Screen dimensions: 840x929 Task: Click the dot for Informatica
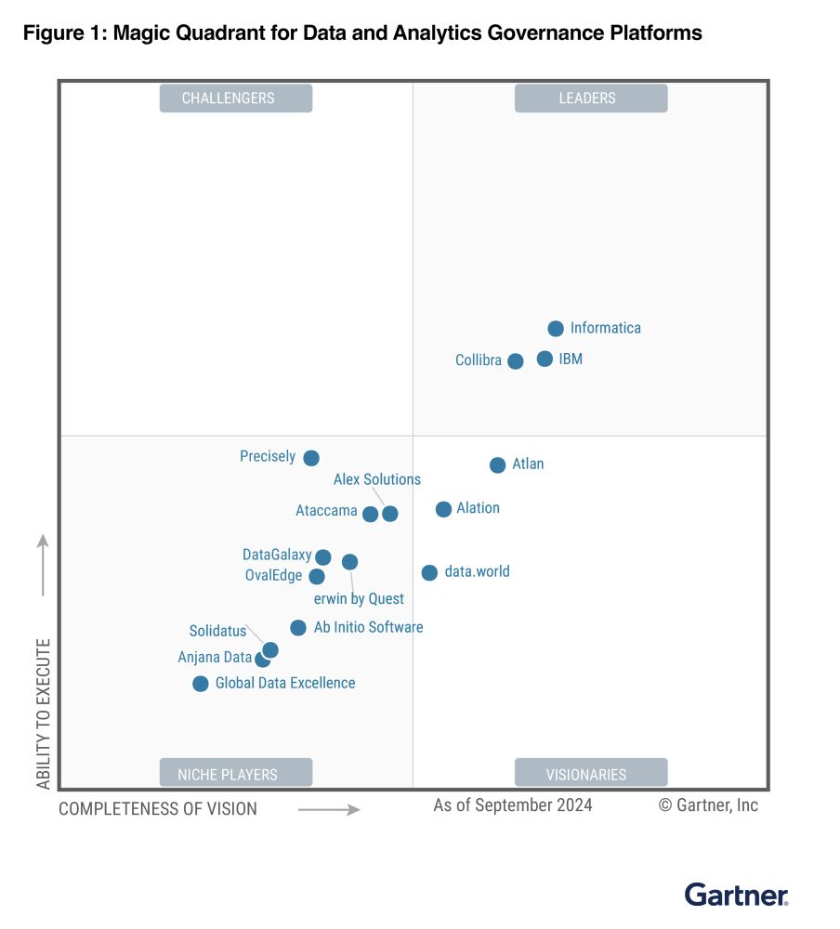pos(556,328)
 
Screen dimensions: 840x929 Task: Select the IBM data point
pos(545,359)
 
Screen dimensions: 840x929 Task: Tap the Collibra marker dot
pos(516,360)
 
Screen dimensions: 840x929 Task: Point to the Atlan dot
pos(497,465)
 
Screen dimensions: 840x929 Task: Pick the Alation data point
pos(443,509)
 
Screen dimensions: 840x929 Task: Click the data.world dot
pos(430,573)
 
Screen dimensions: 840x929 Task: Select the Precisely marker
pos(311,458)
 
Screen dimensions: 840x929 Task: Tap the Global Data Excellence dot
pos(201,684)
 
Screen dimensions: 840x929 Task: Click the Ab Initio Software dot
pos(298,627)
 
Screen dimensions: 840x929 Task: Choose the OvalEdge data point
pos(317,577)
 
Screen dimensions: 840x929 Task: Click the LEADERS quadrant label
pos(591,98)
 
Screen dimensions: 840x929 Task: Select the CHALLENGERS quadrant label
pos(236,98)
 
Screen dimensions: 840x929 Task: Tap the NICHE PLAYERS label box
pos(236,773)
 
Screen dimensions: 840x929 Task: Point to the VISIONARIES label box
pos(591,773)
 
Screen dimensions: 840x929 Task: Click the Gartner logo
pos(736,895)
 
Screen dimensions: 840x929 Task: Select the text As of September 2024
pos(513,805)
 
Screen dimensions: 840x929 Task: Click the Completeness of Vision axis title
pos(158,809)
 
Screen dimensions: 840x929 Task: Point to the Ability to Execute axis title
pos(44,713)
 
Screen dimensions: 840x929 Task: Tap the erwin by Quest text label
pos(359,599)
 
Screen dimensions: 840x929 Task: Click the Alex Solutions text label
pos(377,479)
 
